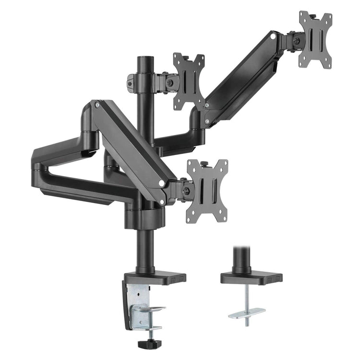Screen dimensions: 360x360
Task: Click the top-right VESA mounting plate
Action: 315,39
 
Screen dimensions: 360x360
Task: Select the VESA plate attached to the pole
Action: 189,81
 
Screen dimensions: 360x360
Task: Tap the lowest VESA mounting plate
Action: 207,191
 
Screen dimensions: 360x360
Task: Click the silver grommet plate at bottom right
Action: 247,313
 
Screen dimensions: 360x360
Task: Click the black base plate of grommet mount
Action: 251,277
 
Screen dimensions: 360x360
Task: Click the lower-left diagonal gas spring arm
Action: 130,144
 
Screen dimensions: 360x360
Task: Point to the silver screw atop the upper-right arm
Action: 273,35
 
